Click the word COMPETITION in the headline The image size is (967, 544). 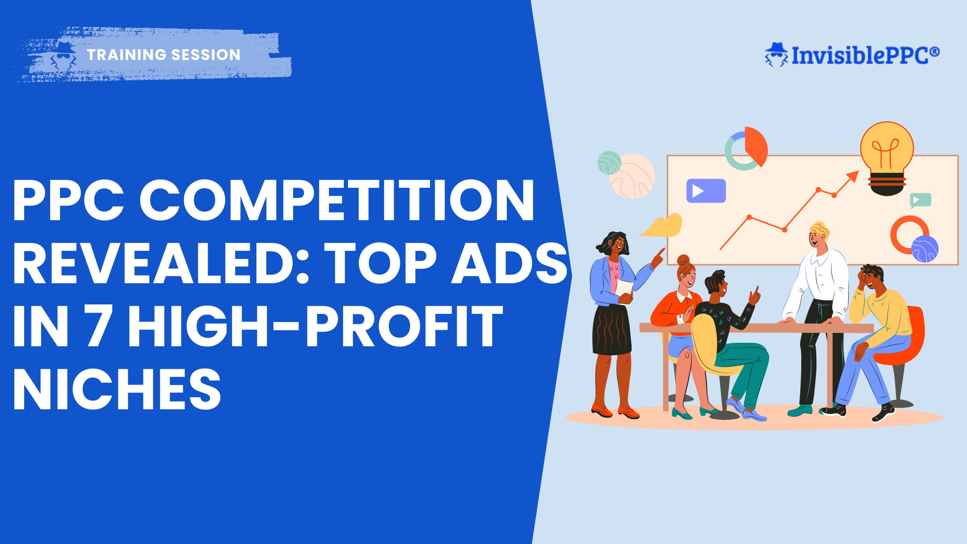pyautogui.click(x=337, y=201)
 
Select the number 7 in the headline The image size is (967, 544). pyautogui.click(x=100, y=326)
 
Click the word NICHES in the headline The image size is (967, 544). pyautogui.click(x=117, y=389)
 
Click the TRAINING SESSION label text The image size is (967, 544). pyautogui.click(x=163, y=55)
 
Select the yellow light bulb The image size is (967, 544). pyautogui.click(x=887, y=155)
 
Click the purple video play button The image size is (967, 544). pyautogui.click(x=706, y=191)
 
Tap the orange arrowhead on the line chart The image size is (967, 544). pyautogui.click(x=853, y=176)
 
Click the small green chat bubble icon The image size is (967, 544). pyautogui.click(x=920, y=200)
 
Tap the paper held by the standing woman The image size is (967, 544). pyautogui.click(x=624, y=288)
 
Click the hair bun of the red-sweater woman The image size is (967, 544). pyautogui.click(x=683, y=260)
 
